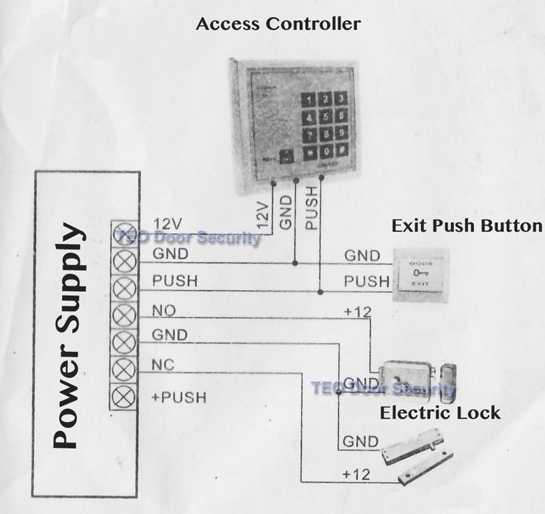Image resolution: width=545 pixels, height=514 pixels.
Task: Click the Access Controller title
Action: pyautogui.click(x=277, y=25)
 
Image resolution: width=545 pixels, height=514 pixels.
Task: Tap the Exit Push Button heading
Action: pyautogui.click(x=467, y=226)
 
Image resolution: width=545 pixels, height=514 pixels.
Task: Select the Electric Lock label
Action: pyautogui.click(x=439, y=413)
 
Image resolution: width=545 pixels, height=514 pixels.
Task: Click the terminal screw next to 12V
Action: pyautogui.click(x=124, y=230)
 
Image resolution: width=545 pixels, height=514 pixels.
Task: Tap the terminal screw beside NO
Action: pyautogui.click(x=124, y=314)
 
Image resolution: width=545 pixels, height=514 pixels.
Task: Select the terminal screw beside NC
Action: pyautogui.click(x=124, y=369)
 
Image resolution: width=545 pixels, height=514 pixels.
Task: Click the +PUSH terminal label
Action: pyautogui.click(x=178, y=396)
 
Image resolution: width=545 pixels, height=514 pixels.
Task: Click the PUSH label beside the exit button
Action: pyautogui.click(x=366, y=281)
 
